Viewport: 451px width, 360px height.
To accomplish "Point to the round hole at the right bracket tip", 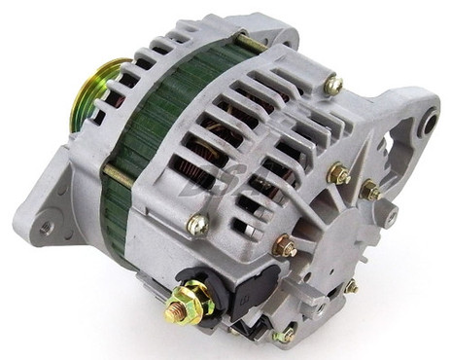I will point(429,125).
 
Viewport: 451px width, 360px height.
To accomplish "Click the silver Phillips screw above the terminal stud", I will point(197,226).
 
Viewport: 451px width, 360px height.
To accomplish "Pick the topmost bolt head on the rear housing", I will point(333,85).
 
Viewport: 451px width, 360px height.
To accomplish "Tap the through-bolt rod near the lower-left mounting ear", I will point(115,175).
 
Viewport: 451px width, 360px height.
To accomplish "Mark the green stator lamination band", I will point(146,136).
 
